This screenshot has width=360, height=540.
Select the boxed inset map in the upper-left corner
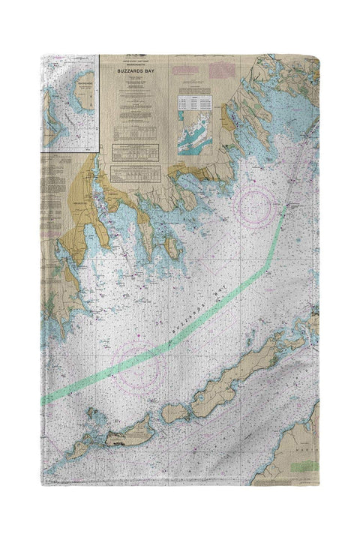point(70,102)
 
